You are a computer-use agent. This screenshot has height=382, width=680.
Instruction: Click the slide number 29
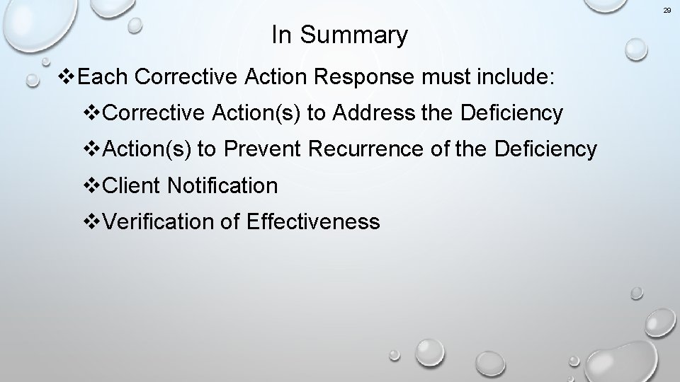click(x=667, y=11)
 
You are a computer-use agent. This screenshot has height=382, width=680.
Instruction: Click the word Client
click(x=132, y=186)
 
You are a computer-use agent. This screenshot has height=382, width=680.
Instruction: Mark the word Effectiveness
click(x=313, y=222)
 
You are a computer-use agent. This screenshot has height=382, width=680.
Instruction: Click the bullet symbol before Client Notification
click(x=93, y=186)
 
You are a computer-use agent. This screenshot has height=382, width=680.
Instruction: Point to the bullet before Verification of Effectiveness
click(x=93, y=222)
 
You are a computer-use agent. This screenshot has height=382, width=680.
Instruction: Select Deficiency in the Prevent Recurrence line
click(x=546, y=149)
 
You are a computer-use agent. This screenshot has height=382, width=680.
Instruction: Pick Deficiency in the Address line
click(x=511, y=113)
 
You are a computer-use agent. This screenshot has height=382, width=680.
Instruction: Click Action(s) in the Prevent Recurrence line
click(x=147, y=149)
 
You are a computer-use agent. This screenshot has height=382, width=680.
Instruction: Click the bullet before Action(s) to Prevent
click(x=93, y=149)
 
